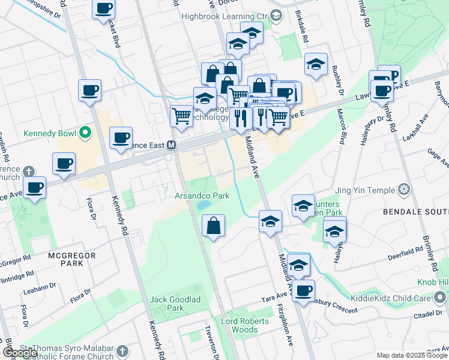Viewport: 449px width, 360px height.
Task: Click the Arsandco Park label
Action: tap(202, 196)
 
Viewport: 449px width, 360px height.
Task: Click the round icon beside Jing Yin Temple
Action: tap(405, 190)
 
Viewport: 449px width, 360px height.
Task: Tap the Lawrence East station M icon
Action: tap(171, 145)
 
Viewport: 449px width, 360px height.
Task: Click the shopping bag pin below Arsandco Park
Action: tap(214, 226)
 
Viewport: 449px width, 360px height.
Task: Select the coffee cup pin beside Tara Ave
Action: tap(304, 290)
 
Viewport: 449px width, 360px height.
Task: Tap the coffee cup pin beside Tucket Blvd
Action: tap(103, 8)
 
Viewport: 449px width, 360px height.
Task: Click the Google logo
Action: tap(20, 353)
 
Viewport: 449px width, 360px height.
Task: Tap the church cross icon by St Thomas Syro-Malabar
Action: tap(122, 351)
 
